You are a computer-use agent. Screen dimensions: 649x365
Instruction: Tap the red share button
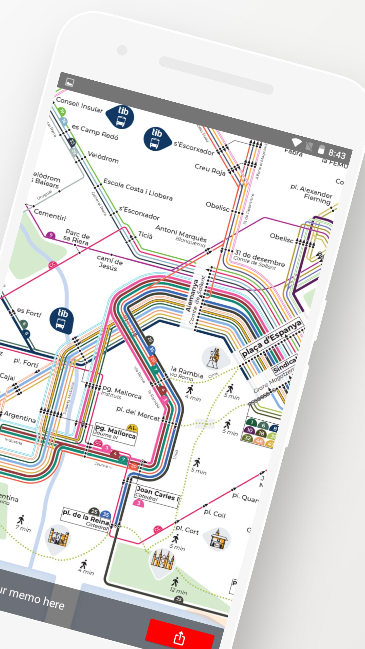pos(179,635)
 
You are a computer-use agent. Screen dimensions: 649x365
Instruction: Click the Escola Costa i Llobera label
pos(138,189)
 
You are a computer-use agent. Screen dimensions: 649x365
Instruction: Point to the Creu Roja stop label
pos(210,169)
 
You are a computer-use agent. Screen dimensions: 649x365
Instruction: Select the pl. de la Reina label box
pos(86,520)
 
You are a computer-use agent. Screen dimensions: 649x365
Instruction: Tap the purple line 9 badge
pos(51,235)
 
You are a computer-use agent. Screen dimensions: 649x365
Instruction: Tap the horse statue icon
pos(215,358)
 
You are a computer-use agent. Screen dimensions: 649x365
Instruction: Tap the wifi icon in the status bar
pos(296,142)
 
